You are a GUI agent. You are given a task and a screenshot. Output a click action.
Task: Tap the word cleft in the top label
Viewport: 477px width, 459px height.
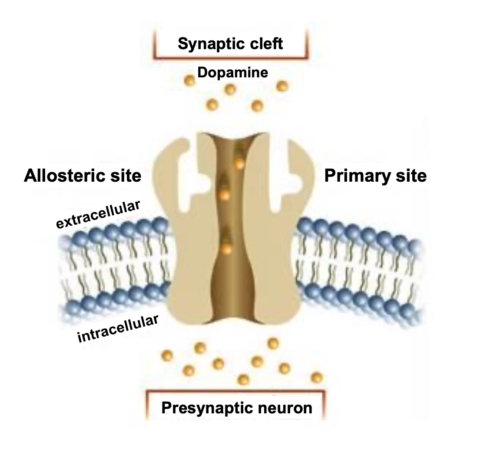tap(263, 44)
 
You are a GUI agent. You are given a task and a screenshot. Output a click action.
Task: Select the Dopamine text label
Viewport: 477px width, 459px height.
tap(232, 73)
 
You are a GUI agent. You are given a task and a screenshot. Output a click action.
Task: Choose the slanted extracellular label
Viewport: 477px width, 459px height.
tap(99, 214)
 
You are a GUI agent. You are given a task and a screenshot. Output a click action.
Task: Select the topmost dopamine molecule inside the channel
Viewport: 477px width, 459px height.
tap(238, 163)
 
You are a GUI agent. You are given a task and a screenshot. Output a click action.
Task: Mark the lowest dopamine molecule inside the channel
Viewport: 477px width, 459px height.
tap(226, 249)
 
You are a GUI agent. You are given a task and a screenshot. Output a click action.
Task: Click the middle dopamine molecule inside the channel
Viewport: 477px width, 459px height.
tap(224, 195)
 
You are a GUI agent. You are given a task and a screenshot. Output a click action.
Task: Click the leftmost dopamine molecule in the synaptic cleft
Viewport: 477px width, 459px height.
tap(189, 80)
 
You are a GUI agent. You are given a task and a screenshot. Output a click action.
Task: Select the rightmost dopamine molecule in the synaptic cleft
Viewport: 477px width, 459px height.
tap(282, 86)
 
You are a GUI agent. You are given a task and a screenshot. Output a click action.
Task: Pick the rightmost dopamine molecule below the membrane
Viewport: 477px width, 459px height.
tap(317, 377)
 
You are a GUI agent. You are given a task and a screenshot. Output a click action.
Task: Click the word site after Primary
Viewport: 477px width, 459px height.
tap(411, 176)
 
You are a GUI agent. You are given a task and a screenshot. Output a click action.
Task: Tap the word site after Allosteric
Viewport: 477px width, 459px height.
tap(126, 176)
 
